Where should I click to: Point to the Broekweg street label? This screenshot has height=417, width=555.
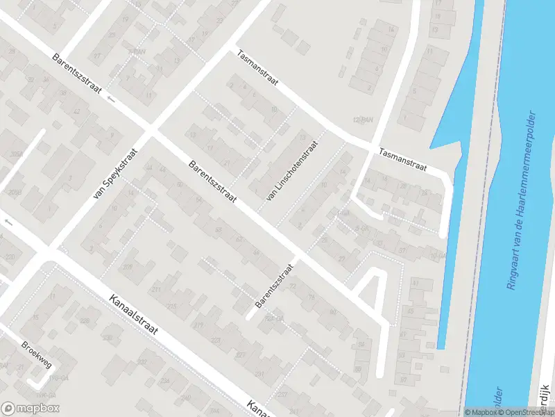point(37,354)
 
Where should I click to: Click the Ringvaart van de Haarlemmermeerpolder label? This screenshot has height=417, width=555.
point(522,199)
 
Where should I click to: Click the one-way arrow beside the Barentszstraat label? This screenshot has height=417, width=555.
point(112,99)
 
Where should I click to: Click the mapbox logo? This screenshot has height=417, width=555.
point(31,409)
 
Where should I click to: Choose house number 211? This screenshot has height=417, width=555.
point(157,289)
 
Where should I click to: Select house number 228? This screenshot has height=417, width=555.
point(85,320)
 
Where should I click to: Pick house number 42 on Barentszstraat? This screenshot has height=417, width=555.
point(76,111)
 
